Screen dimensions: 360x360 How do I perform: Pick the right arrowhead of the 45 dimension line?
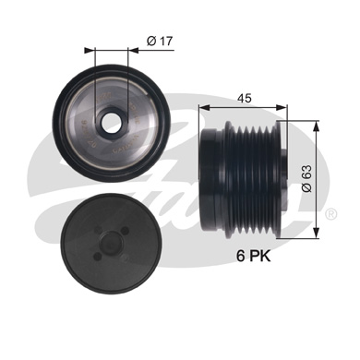(x=285, y=107)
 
